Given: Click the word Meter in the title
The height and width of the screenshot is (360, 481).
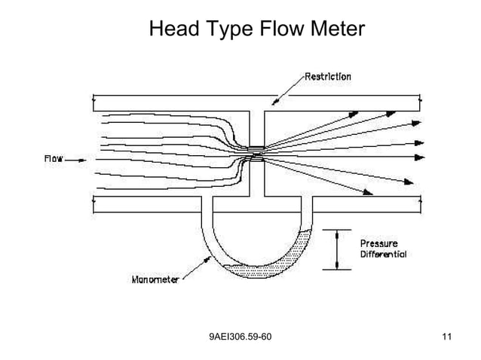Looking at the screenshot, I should tap(335, 29).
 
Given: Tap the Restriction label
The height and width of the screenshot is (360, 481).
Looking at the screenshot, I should tap(327, 75).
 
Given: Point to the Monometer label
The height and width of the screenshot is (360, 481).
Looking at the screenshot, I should tap(155, 279).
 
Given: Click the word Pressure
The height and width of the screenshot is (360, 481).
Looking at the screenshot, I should tap(379, 243).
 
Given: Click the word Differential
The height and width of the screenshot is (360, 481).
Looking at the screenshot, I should tap(383, 254).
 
